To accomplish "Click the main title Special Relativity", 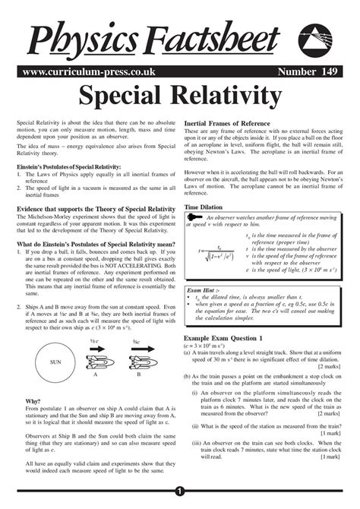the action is pos(180,96).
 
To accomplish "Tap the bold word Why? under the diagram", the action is pos(33,400).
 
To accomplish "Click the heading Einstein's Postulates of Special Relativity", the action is pos(68,166).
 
